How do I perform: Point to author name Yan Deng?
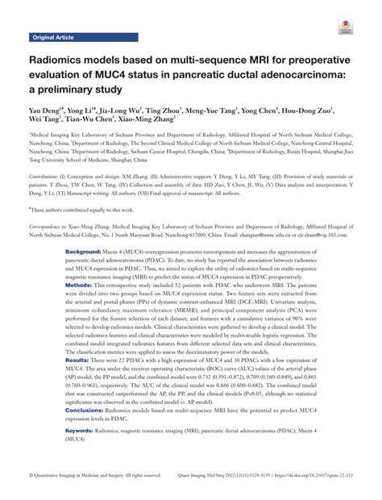(x=48, y=110)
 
